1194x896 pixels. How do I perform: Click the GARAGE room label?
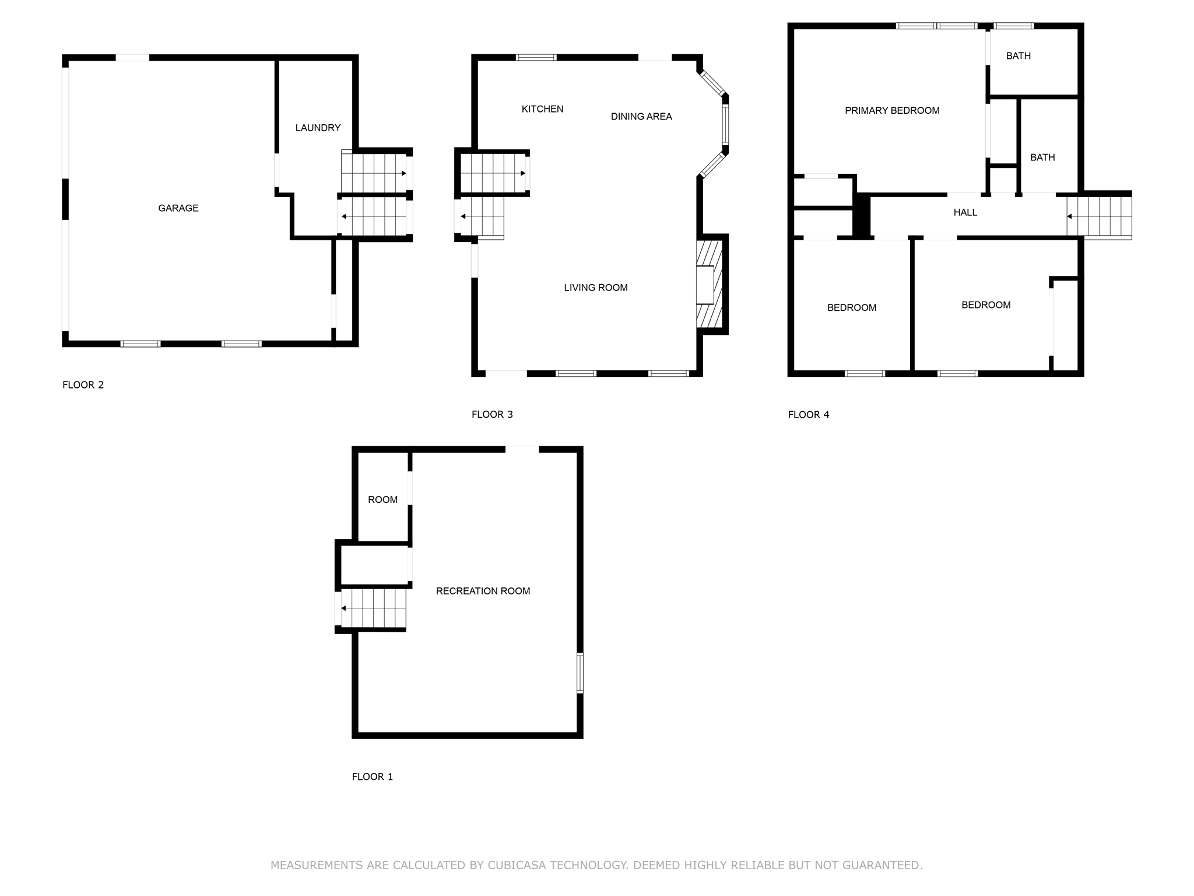178,208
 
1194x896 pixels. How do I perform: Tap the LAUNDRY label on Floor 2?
318,128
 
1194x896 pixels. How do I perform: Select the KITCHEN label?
542,109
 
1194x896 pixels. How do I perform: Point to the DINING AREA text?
641,117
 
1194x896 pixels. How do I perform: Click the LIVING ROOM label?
596,288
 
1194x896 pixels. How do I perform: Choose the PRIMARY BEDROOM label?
892,110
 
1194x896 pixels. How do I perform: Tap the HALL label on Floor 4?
965,212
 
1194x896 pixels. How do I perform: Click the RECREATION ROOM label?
483,591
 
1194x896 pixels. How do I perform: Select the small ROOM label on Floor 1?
382,500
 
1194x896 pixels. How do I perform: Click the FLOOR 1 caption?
373,776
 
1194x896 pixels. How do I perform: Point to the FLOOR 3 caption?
492,415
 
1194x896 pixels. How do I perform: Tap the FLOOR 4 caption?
809,415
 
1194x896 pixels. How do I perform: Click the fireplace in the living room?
708,285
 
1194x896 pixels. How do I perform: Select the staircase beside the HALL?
1099,216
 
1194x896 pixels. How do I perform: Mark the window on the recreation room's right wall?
580,673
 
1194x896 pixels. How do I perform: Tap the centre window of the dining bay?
726,124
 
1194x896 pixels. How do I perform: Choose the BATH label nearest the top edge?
1019,56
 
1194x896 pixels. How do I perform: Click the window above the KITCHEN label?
536,57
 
